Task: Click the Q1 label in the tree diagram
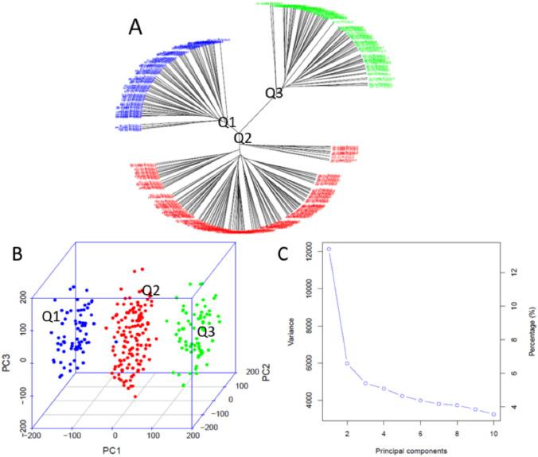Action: point(228,122)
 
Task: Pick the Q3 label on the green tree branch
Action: point(274,93)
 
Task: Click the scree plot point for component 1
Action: point(328,250)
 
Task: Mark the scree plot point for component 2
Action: point(347,363)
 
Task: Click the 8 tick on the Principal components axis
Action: point(457,434)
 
